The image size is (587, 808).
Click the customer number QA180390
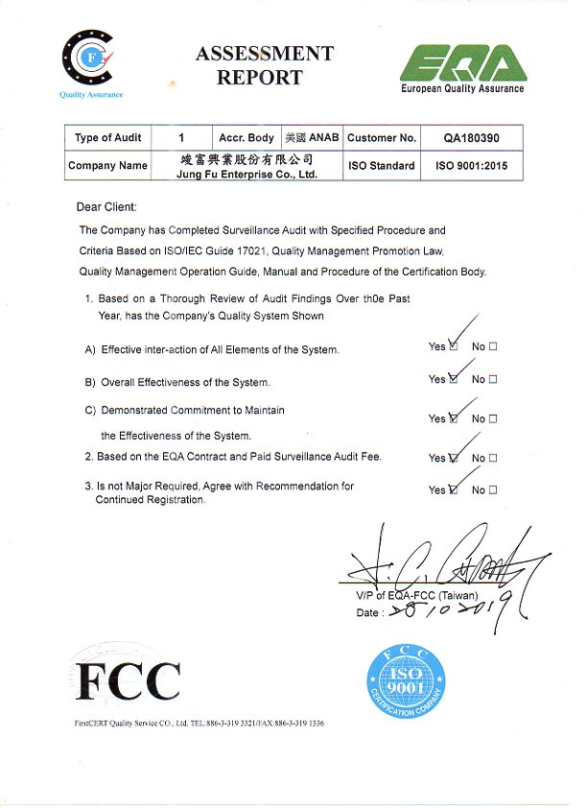click(471, 138)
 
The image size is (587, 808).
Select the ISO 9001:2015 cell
click(471, 165)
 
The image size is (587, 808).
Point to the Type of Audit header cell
click(107, 138)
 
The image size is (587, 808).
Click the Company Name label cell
click(107, 165)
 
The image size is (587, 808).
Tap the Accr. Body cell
click(247, 138)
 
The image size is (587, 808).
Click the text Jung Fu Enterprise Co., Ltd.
click(247, 175)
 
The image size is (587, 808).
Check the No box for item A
click(493, 346)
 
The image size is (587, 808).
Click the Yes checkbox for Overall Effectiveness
click(454, 379)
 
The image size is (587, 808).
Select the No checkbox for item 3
click(493, 489)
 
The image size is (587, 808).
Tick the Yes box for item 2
click(454, 458)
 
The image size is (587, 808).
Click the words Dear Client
click(106, 206)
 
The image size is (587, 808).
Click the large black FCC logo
click(128, 680)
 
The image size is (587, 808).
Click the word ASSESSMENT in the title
click(264, 54)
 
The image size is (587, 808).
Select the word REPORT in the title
click(259, 78)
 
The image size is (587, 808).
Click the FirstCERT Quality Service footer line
click(199, 723)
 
